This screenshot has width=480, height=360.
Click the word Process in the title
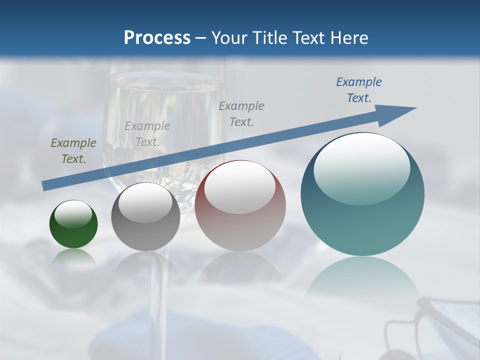click(157, 38)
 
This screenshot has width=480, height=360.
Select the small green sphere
click(73, 225)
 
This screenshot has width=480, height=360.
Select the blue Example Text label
click(359, 90)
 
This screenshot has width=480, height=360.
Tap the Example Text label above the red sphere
click(241, 113)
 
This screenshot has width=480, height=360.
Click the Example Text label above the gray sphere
click(147, 134)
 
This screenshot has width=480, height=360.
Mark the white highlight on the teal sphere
click(362, 169)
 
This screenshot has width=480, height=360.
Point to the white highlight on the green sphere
click(73, 214)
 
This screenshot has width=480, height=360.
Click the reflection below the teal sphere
click(362, 277)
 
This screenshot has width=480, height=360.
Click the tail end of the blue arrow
click(46, 185)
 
